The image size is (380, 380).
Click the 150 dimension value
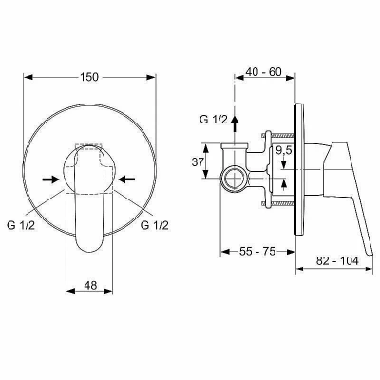coord(89,77)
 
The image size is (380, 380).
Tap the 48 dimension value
coord(90,285)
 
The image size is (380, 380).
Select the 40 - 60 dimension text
coord(263,72)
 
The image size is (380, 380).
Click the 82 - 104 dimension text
coord(337,260)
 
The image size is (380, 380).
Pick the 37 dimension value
coord(198,161)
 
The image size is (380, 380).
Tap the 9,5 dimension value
coord(283,151)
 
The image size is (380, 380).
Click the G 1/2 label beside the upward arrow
coord(214,120)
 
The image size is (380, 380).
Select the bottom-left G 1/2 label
coord(21,225)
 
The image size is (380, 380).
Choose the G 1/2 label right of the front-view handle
coord(155,225)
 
